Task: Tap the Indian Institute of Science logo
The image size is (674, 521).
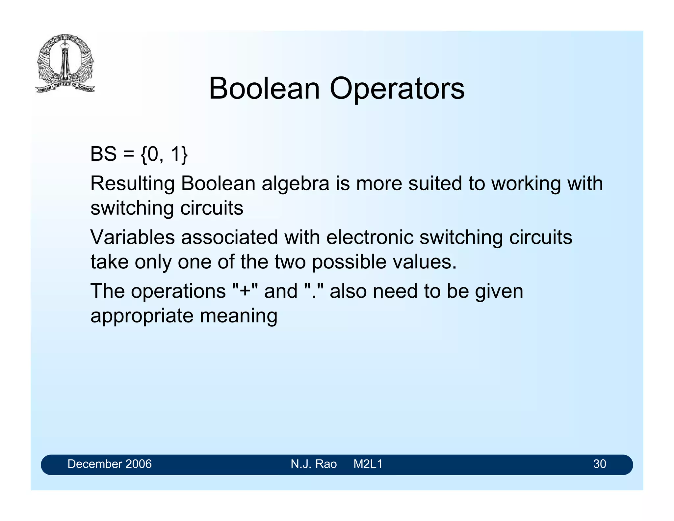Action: click(65, 63)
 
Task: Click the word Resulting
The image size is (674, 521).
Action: click(132, 183)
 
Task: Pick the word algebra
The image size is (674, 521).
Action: click(295, 183)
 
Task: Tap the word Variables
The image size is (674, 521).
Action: click(132, 237)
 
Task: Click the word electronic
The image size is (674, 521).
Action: click(370, 237)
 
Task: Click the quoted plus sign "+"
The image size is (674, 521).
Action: click(245, 291)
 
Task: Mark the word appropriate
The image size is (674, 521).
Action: click(142, 316)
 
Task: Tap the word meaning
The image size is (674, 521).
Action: click(239, 316)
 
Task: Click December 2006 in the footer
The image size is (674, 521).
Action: click(110, 464)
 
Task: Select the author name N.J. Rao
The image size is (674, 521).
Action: click(314, 464)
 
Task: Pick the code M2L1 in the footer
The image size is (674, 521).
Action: click(368, 464)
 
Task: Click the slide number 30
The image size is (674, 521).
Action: click(600, 464)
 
